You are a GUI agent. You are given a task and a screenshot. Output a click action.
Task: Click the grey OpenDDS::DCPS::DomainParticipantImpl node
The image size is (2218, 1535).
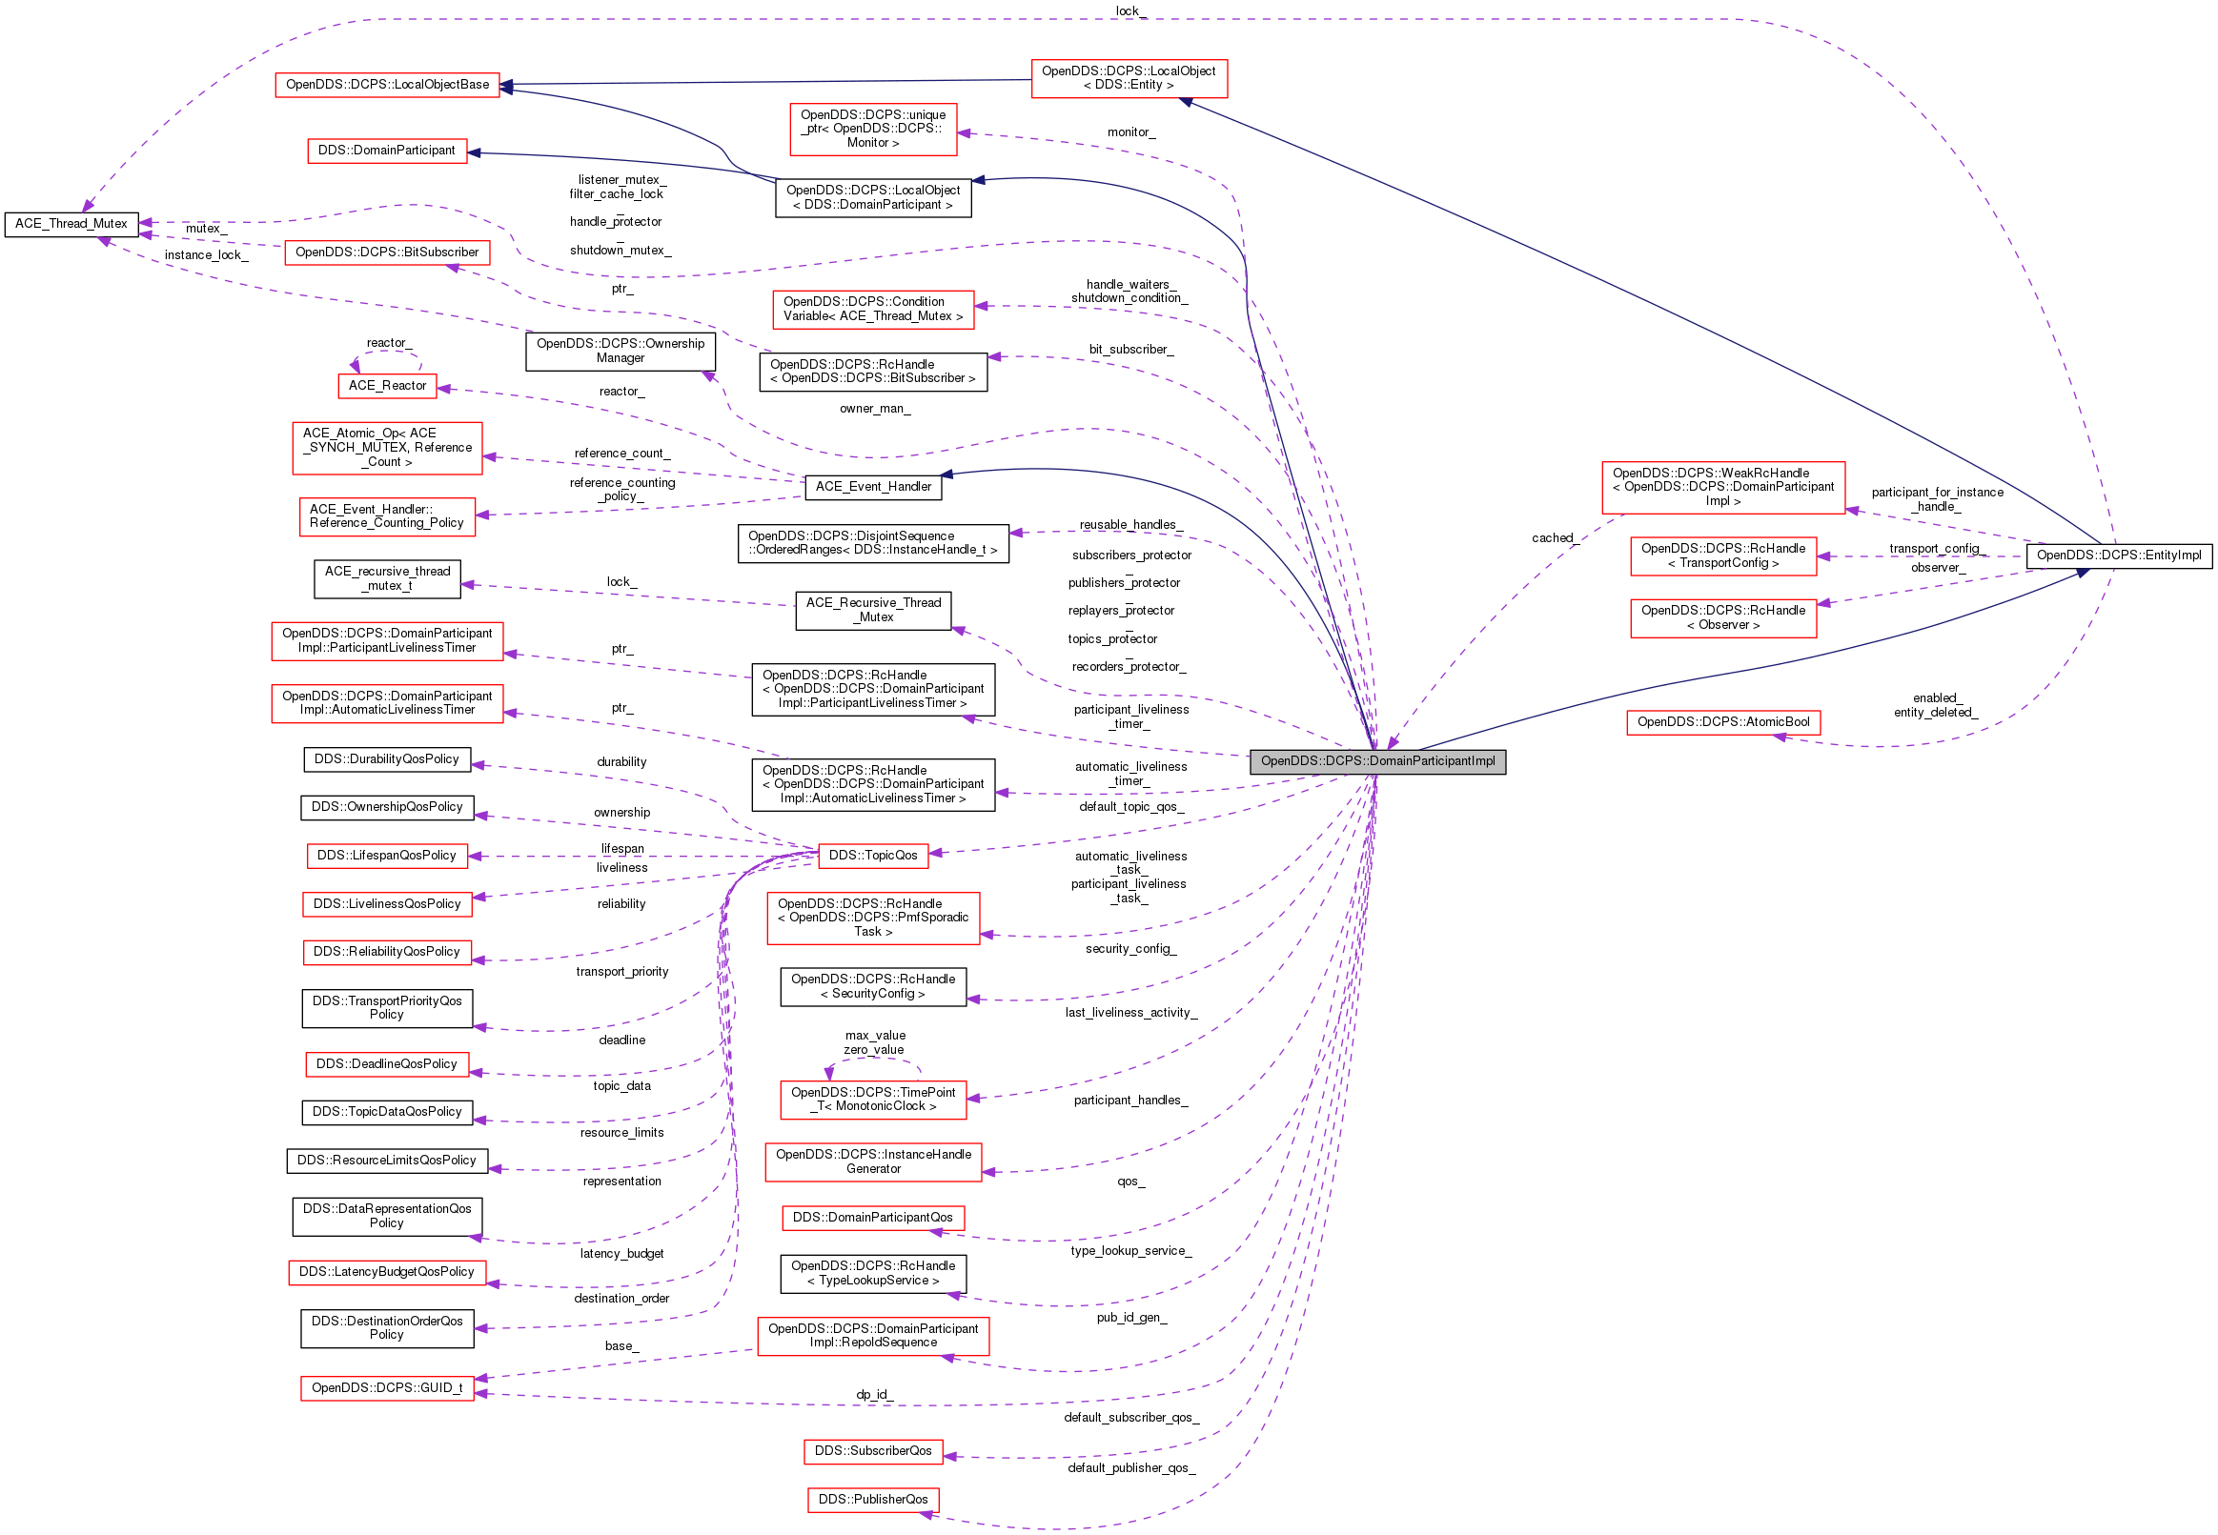(x=1376, y=761)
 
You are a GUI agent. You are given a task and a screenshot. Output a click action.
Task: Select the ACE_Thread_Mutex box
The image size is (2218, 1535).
(x=71, y=224)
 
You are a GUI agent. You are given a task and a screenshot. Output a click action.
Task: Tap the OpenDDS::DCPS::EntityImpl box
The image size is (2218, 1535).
(x=2118, y=555)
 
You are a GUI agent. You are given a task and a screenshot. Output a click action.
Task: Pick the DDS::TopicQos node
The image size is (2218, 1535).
(x=872, y=856)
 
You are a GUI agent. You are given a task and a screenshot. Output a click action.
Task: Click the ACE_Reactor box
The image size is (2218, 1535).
(x=387, y=386)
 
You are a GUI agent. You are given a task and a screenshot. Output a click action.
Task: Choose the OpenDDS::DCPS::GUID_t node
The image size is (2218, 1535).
(x=387, y=1389)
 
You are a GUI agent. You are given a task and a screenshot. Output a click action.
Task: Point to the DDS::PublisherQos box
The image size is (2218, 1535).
(x=872, y=1501)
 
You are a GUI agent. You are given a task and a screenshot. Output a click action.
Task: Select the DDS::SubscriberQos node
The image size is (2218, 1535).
(x=872, y=1451)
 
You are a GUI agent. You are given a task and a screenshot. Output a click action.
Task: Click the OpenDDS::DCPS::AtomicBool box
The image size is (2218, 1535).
(x=1722, y=722)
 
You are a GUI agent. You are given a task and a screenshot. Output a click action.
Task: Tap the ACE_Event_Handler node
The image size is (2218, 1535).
(x=872, y=487)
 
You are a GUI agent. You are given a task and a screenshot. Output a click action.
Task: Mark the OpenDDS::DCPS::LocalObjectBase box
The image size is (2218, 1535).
(x=387, y=85)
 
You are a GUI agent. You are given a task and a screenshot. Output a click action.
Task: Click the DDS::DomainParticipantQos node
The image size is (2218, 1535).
(x=872, y=1219)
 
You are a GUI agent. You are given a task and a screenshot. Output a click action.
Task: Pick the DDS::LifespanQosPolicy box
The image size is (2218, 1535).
(x=387, y=856)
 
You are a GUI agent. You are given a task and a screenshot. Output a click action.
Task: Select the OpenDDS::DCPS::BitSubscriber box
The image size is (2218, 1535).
(x=387, y=252)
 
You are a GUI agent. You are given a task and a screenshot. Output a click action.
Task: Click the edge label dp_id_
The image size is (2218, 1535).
(x=873, y=1395)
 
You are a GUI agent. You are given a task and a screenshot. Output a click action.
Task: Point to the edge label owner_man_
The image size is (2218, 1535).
(x=874, y=409)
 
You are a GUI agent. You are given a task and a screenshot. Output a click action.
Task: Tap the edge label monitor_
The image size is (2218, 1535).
(x=1130, y=132)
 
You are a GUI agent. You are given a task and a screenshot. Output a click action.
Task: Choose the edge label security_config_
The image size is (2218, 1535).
(x=1130, y=949)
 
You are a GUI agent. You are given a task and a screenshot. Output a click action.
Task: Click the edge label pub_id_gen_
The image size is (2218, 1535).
(x=1131, y=1318)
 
